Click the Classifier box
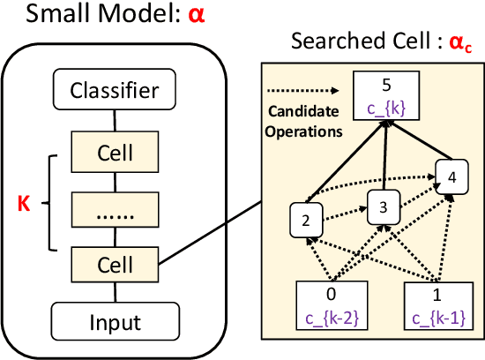click(116, 90)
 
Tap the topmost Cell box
click(116, 153)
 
